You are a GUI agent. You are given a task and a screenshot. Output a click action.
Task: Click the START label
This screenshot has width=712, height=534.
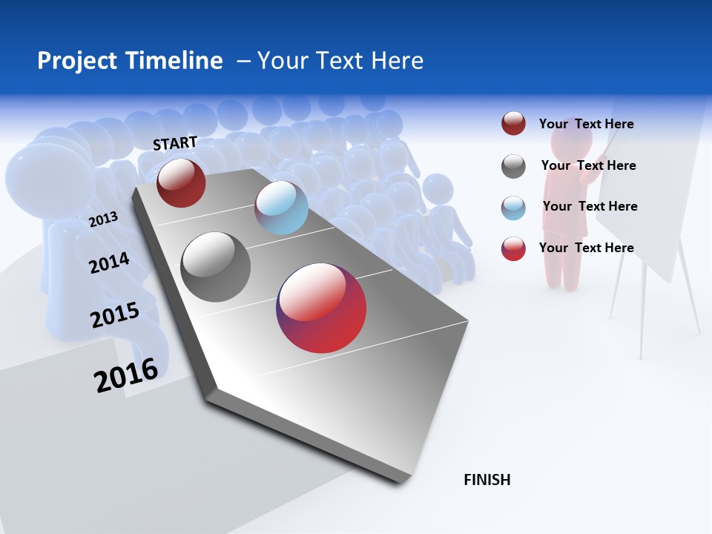175,142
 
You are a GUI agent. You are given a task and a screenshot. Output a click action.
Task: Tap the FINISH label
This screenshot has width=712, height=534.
487,480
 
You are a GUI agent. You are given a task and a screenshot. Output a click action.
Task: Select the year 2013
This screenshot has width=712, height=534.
103,219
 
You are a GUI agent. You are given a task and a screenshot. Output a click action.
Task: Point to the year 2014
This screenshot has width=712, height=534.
109,263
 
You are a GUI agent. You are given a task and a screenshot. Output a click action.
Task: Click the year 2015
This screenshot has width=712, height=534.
115,315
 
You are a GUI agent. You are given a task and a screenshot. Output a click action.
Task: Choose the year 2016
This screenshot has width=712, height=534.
126,375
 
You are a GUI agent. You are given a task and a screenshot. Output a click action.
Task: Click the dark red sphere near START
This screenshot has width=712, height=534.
181,183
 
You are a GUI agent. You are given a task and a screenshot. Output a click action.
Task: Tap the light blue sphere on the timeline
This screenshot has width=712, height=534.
281,208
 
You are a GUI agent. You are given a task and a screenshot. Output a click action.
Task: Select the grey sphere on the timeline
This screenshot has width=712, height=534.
216,267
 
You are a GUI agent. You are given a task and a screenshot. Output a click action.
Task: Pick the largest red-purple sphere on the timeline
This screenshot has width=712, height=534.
321,308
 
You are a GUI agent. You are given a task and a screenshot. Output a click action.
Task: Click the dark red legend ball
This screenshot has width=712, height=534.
513,124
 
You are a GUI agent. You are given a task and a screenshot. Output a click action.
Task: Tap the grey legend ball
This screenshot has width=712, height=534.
513,166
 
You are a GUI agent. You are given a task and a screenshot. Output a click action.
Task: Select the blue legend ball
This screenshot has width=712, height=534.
513,207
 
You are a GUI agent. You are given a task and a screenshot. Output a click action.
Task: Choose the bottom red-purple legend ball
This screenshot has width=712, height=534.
513,248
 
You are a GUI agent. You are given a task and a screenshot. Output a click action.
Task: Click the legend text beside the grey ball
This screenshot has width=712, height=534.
588,165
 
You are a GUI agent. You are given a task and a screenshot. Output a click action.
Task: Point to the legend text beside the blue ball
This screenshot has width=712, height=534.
590,206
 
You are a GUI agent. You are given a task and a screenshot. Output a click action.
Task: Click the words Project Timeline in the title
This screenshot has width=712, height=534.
130,61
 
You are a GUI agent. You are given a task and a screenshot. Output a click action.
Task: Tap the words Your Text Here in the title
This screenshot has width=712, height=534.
340,61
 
